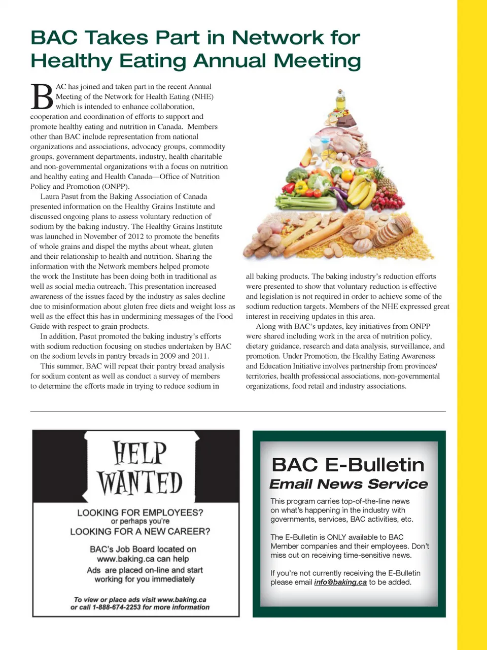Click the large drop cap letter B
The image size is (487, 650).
tap(42, 97)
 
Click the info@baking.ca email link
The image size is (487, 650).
tap(340, 582)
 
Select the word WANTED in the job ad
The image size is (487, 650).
tap(140, 483)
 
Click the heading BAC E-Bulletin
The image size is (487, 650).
tap(348, 465)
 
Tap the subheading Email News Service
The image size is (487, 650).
tap(349, 484)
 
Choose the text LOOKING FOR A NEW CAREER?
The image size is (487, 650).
tap(140, 531)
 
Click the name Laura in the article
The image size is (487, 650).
tap(50, 196)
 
